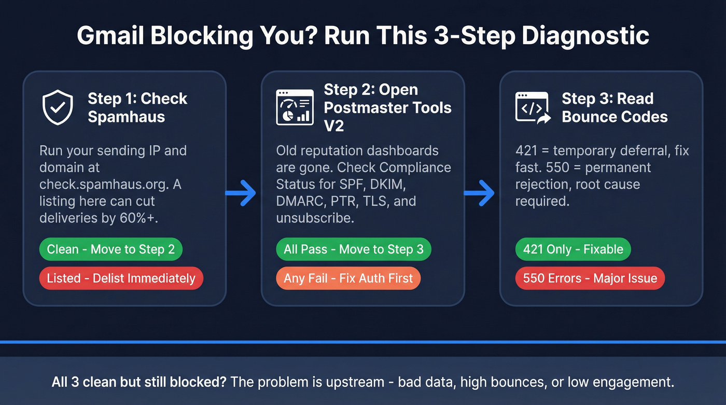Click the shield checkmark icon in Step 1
tap(58, 107)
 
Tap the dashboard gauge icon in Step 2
tap(295, 107)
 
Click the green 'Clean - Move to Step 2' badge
tap(111, 249)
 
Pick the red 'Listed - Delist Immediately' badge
tap(121, 278)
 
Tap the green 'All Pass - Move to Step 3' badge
tap(353, 249)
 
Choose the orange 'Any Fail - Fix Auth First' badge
tap(348, 278)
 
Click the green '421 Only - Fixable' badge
tap(573, 249)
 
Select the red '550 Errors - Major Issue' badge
tap(590, 278)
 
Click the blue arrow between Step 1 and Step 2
tap(241, 193)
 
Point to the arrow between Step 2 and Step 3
tap(479, 193)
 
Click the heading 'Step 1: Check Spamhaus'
tap(137, 107)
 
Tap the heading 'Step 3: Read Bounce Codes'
tap(615, 107)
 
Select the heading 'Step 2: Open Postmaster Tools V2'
tap(387, 107)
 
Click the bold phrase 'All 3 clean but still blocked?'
tap(138, 383)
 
